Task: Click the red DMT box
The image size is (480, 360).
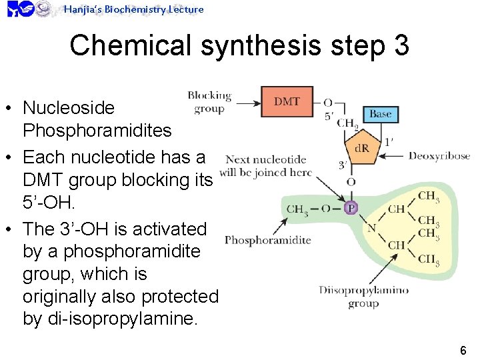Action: pyautogui.click(x=287, y=102)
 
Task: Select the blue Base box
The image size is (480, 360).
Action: pyautogui.click(x=380, y=113)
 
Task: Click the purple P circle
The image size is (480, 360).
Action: pyautogui.click(x=351, y=209)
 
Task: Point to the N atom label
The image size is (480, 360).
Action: pyautogui.click(x=371, y=228)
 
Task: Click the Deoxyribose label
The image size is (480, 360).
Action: pyautogui.click(x=439, y=156)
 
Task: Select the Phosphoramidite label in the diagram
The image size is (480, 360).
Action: pyautogui.click(x=267, y=240)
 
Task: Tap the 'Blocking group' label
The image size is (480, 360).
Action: pyautogui.click(x=209, y=102)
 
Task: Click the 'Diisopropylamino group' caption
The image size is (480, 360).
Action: pyautogui.click(x=363, y=297)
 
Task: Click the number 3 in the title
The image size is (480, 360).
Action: pyautogui.click(x=401, y=46)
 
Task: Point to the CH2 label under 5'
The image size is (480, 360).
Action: pyautogui.click(x=347, y=123)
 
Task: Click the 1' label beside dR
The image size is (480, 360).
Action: pyautogui.click(x=389, y=141)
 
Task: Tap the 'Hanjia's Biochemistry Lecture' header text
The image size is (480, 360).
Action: pyautogui.click(x=133, y=9)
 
